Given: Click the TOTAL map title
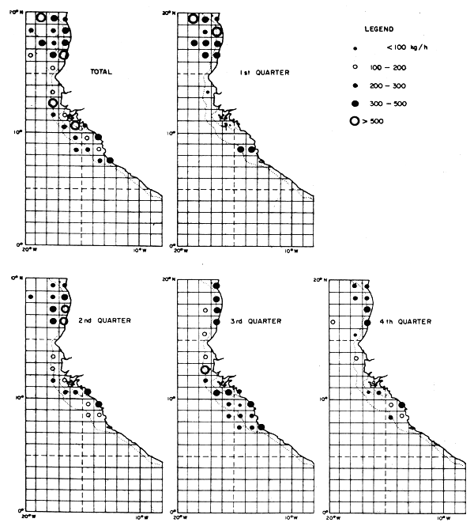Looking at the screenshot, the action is [x=100, y=72].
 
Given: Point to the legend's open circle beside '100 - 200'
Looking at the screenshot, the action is [x=357, y=67].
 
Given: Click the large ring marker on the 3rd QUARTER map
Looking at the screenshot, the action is [x=205, y=369].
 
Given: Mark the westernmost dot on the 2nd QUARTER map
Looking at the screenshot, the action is [x=30, y=297].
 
